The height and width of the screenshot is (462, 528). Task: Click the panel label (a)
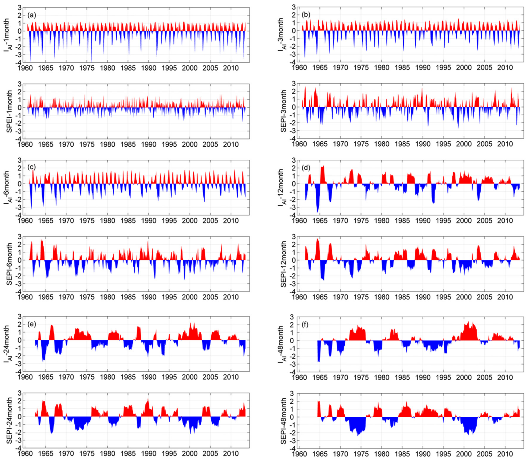coord(32,15)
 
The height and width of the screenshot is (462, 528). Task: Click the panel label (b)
coord(306,15)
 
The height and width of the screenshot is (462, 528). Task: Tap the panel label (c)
coord(32,168)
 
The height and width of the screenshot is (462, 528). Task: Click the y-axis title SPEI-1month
coord(9,111)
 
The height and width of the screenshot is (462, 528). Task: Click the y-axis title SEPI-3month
coord(284,111)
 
